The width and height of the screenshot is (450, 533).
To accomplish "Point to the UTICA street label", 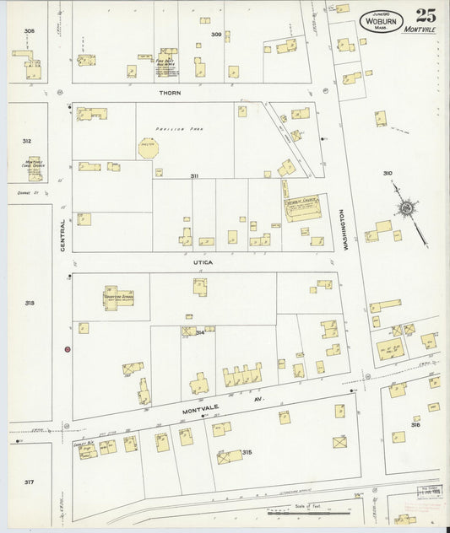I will pyautogui.click(x=202, y=262).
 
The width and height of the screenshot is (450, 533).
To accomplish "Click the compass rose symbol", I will pyautogui.click(x=406, y=207).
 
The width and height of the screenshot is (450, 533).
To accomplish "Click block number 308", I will pyautogui.click(x=30, y=31).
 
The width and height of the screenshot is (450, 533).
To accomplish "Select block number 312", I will pyautogui.click(x=27, y=141).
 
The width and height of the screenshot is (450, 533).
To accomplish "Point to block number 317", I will pyautogui.click(x=29, y=482).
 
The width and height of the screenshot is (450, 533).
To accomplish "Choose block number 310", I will pyautogui.click(x=387, y=173).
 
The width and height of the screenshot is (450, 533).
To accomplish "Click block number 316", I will pyautogui.click(x=415, y=424).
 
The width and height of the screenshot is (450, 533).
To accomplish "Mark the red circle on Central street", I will pyautogui.click(x=66, y=349).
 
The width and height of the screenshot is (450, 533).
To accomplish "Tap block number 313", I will pyautogui.click(x=30, y=302).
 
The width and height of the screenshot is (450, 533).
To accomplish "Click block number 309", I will pyautogui.click(x=216, y=35).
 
